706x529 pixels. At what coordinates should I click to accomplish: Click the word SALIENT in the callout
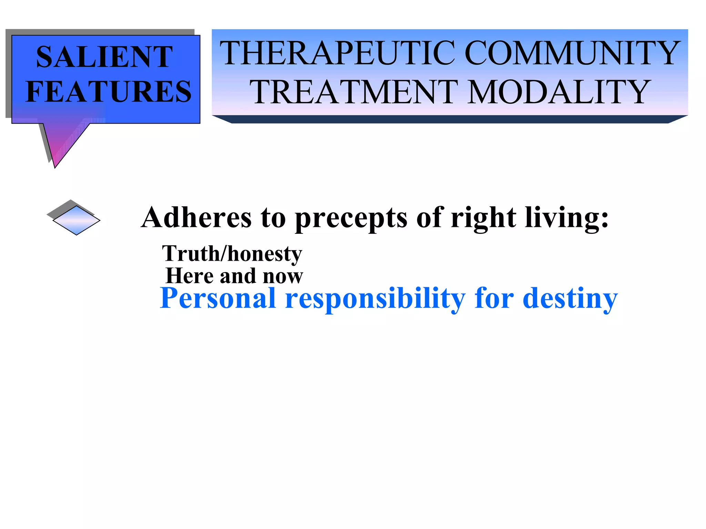coord(104,57)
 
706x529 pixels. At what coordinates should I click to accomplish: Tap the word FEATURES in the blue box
coord(109,92)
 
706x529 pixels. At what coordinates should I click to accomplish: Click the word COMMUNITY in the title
coord(572,53)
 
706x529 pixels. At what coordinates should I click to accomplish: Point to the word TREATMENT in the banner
coord(354,92)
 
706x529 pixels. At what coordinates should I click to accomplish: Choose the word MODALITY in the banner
coord(558,92)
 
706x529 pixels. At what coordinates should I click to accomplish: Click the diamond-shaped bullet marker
coord(76,220)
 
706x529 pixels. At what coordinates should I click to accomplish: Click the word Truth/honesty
coord(232,254)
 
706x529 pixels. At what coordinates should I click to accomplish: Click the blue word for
coord(494,298)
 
